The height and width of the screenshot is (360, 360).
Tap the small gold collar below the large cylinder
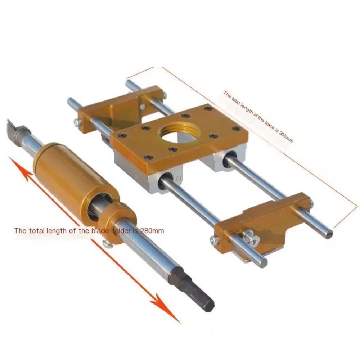click(120, 220)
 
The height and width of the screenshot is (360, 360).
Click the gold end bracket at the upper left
click(119, 106)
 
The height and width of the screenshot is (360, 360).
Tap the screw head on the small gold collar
click(107, 244)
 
